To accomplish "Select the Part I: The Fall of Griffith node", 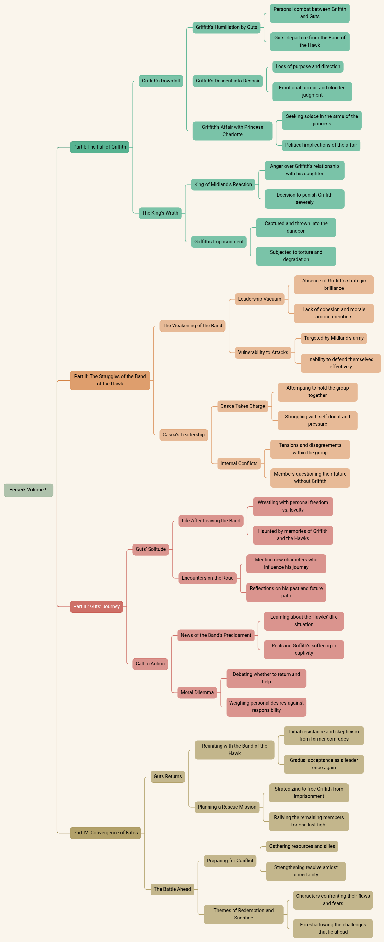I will pos(99,147).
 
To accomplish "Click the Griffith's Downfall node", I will pos(161,81).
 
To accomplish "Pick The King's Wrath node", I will pos(160,213).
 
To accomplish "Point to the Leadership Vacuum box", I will pos(260,299).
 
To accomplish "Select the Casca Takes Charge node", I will pos(243,406).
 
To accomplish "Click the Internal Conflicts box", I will pos(239,463).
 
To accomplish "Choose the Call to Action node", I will pos(150,664).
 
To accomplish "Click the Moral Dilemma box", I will pos(197,692).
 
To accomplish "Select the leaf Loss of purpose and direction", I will pos(308,67).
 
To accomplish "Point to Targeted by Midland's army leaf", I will pos(334,338).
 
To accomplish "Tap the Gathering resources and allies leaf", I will pos(302,846).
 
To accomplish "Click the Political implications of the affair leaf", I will pos(321,145).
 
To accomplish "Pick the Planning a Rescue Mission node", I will pos(227,807).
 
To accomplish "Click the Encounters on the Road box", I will pos(207,578).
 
